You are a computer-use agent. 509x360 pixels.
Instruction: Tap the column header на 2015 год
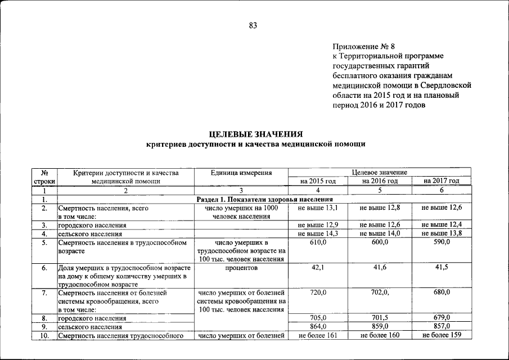tap(318, 181)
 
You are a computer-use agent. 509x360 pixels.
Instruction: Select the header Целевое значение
tap(380, 172)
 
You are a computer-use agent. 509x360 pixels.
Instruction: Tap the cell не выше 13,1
tap(318, 208)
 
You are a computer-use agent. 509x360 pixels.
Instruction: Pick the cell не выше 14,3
tap(318, 233)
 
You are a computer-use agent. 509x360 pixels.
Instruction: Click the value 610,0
tap(318, 242)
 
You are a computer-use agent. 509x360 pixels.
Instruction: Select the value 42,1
tap(318, 268)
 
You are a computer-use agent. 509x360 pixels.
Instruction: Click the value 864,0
tap(318, 327)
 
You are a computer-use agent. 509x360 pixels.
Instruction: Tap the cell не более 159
tap(442, 336)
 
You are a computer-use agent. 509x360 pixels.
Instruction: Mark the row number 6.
tap(44, 268)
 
